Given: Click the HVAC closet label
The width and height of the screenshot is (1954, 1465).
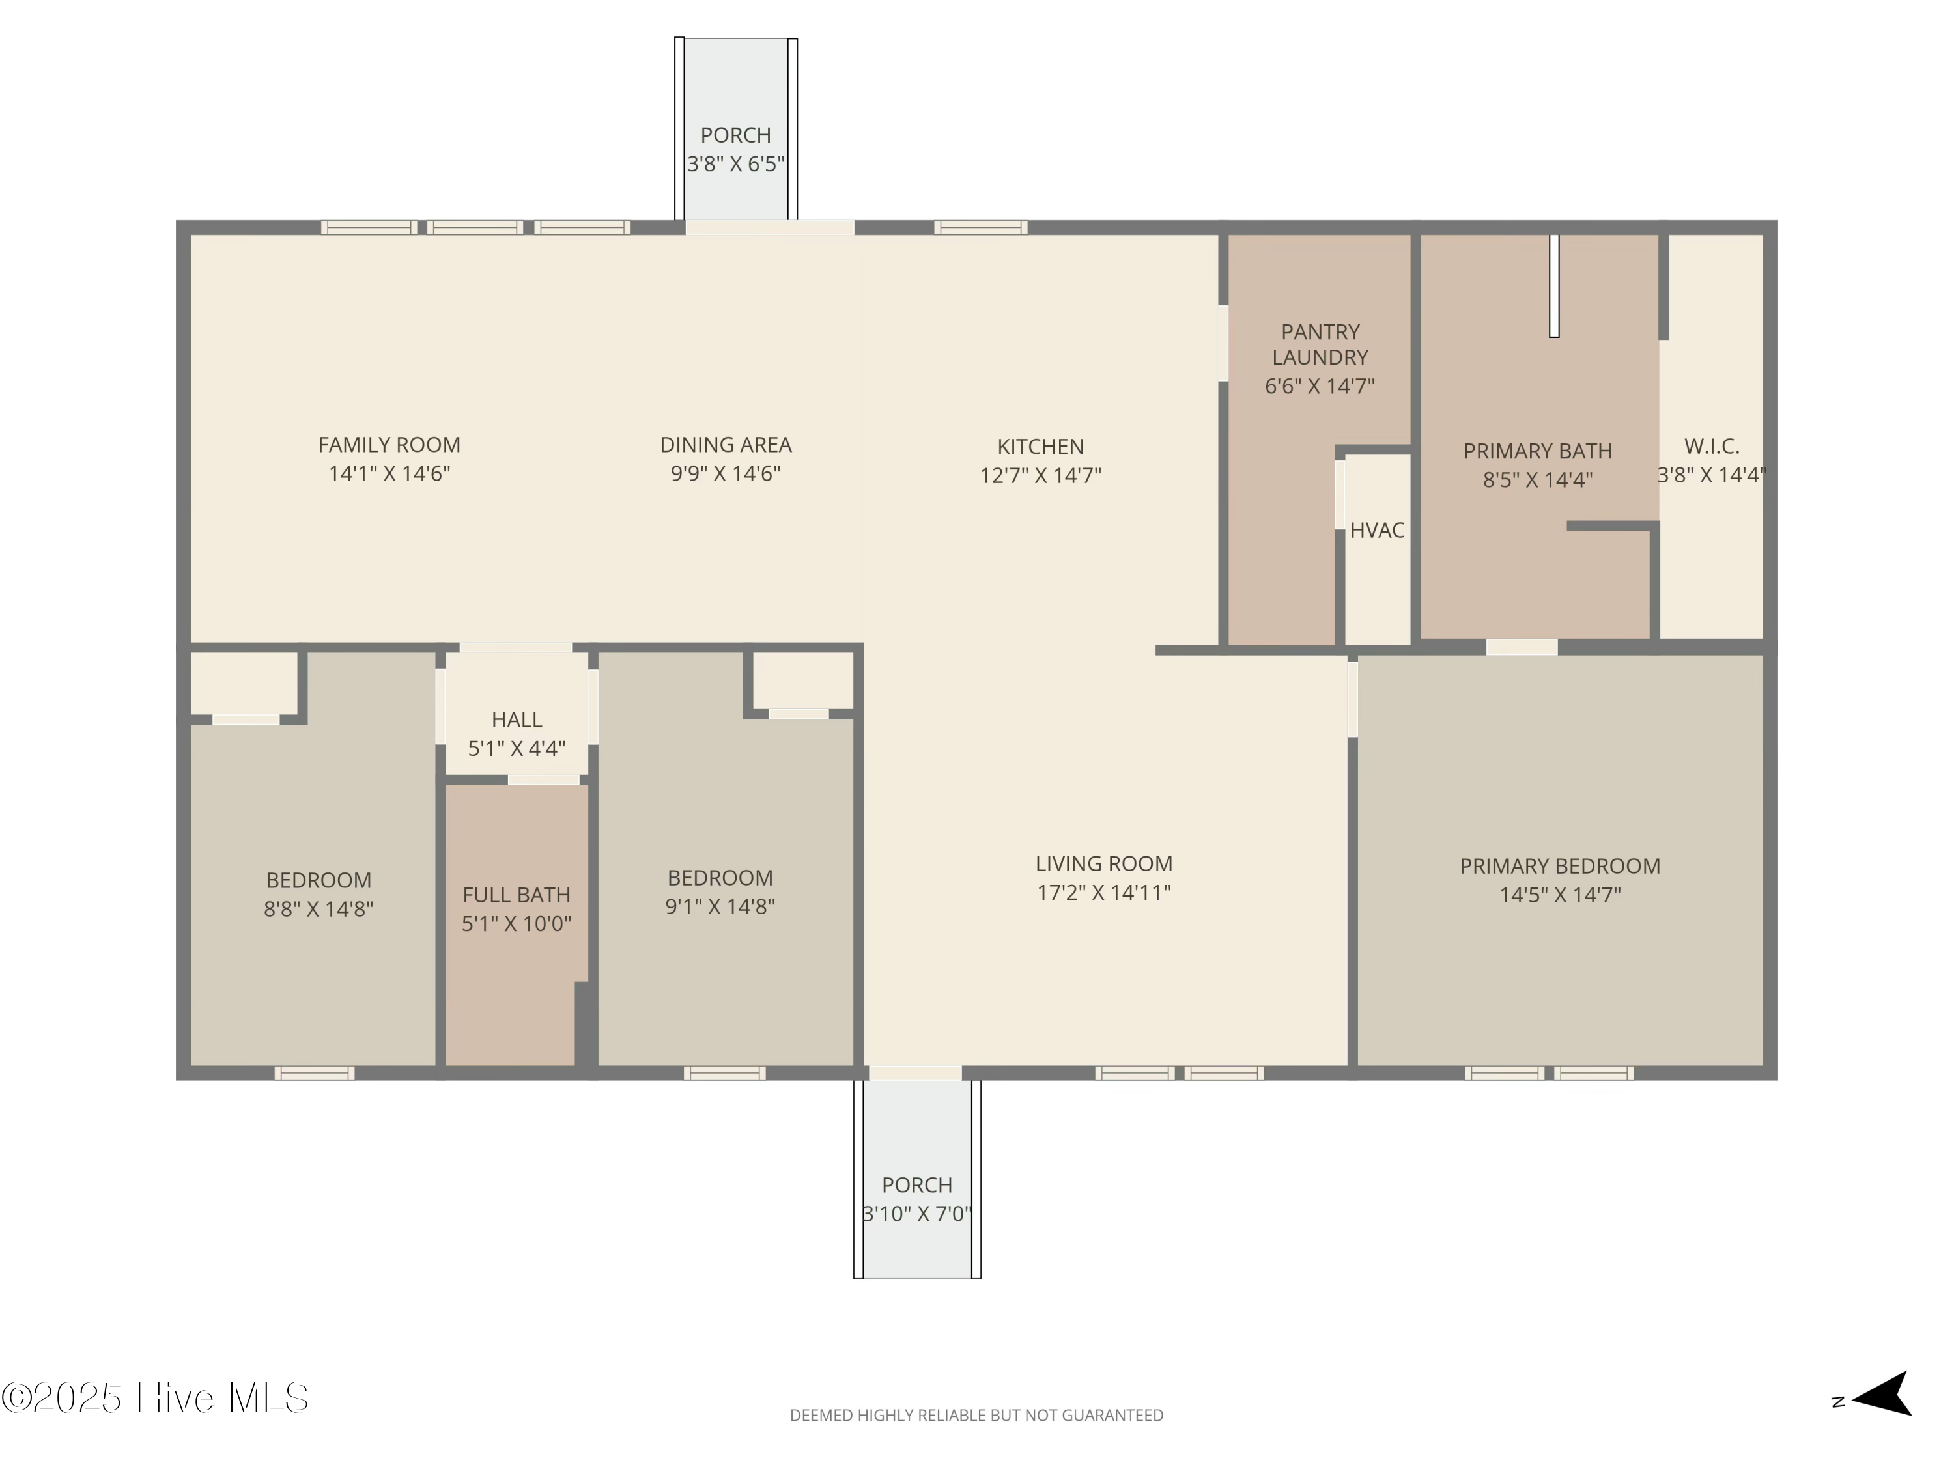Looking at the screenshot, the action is click(1377, 530).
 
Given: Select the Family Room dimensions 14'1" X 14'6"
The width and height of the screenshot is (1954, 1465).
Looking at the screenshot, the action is click(389, 473).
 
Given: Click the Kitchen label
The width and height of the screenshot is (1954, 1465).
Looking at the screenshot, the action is click(1041, 447).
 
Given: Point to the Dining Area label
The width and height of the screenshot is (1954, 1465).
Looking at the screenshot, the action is click(726, 445).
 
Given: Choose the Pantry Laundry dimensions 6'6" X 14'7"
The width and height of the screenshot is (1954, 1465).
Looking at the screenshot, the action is click(1320, 386).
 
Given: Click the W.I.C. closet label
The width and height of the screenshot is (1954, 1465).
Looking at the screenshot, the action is click(1712, 447).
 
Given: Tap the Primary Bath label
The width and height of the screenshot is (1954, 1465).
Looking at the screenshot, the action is click(1538, 451).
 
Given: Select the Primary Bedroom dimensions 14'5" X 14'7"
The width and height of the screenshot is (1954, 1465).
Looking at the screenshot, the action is click(1560, 895).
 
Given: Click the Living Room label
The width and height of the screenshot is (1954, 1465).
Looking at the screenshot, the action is click(1104, 863).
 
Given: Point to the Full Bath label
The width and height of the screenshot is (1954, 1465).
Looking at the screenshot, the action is click(517, 895).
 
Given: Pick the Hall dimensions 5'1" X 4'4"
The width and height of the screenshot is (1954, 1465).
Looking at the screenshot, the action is click(517, 749).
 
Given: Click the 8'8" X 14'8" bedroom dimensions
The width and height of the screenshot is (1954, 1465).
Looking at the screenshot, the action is click(319, 909).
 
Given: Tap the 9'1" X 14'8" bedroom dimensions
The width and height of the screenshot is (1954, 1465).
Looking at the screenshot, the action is click(720, 906).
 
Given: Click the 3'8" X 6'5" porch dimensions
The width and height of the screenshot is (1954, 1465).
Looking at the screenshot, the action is click(736, 163).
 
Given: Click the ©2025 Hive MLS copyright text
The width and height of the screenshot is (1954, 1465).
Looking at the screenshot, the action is click(156, 1398).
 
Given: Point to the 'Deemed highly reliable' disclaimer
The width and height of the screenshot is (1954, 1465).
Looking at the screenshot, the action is click(976, 1416).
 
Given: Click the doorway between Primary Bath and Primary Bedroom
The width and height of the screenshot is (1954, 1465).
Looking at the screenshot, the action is click(1521, 647).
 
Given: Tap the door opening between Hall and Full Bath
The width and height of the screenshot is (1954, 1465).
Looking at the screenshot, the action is click(543, 780).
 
